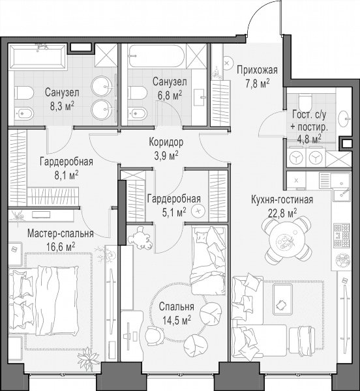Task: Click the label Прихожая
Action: pos(257,70)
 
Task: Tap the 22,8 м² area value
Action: pos(282,213)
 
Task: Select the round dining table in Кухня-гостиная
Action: pos(287,240)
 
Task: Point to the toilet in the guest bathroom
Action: pos(305,100)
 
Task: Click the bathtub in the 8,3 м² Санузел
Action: pos(38,57)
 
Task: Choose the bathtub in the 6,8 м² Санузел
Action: pos(157,56)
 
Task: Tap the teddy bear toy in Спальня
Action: pos(140,238)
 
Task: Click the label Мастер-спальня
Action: pos(61,234)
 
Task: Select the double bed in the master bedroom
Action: pos(44,300)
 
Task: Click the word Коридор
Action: pos(166,142)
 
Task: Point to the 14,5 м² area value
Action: pos(177,320)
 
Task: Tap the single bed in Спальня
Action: pos(209,261)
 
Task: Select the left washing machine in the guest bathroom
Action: pos(296,158)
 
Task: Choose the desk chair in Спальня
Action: pos(155,336)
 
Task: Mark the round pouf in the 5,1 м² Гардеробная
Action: pos(198,211)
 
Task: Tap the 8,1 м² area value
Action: pos(67,175)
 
